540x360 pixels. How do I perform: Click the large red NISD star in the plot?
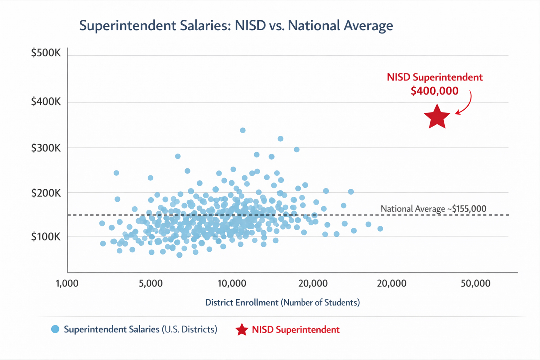(437, 117)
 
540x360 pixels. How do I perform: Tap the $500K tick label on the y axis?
(46, 53)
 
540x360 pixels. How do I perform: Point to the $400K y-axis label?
(46, 102)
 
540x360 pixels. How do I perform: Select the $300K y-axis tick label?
(46, 148)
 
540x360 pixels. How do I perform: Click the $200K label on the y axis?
(46, 193)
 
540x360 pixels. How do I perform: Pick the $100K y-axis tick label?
(46, 237)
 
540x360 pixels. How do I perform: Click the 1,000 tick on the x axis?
(67, 283)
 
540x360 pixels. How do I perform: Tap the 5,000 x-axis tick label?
(151, 283)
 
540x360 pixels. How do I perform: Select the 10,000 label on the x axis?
(232, 283)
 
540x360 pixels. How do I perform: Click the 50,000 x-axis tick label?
(475, 283)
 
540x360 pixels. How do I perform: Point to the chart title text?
(236, 26)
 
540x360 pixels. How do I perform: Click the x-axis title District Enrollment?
(282, 302)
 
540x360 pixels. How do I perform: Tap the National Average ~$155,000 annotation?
(433, 209)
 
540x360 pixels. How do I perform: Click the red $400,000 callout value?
(435, 91)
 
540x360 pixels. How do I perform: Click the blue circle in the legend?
(55, 329)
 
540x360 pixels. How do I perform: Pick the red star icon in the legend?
(242, 329)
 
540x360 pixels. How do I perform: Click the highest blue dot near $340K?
(243, 130)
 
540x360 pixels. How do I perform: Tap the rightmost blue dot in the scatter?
(380, 229)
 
